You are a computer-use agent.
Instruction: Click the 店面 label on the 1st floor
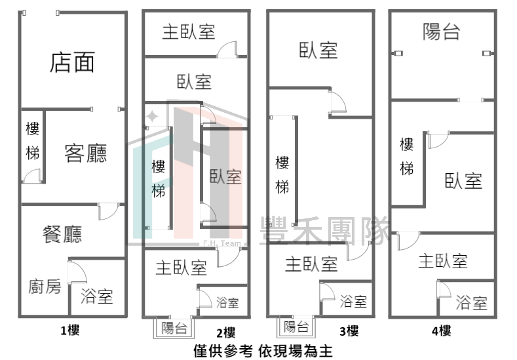(72, 62)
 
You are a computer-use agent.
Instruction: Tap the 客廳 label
(86, 153)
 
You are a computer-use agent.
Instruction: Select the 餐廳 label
(62, 234)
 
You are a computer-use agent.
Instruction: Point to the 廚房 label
(45, 286)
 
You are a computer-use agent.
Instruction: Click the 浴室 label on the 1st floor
(97, 296)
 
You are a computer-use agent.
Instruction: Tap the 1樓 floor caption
(70, 330)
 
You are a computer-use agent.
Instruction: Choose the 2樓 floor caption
(226, 332)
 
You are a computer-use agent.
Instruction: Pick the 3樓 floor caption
(349, 330)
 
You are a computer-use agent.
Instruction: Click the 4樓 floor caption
(441, 330)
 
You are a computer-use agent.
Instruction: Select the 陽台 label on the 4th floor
(442, 31)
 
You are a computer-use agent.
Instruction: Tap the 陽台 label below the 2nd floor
(174, 328)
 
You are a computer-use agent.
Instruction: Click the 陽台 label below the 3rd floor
(296, 327)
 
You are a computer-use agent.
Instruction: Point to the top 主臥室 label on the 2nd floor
(189, 32)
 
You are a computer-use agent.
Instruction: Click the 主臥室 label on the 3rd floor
(311, 264)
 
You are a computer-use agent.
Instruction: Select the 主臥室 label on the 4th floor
(443, 261)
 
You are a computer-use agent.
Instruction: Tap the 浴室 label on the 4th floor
(472, 302)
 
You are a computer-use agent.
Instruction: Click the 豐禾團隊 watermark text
(325, 231)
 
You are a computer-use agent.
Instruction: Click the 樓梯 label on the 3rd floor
(282, 175)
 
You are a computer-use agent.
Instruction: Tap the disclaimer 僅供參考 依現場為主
(263, 351)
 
